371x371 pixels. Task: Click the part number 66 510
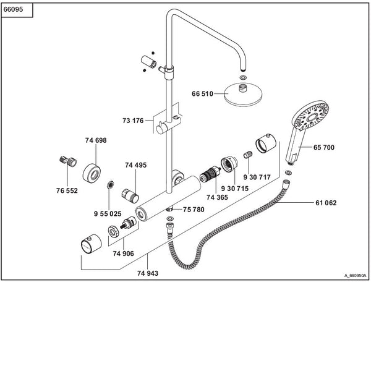202,94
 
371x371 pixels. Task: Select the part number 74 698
96,141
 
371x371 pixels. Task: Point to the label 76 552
67,191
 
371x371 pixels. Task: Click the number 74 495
135,165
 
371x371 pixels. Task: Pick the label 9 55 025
108,213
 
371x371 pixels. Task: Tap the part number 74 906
124,252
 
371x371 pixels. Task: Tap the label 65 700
324,148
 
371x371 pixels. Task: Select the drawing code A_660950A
356,276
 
